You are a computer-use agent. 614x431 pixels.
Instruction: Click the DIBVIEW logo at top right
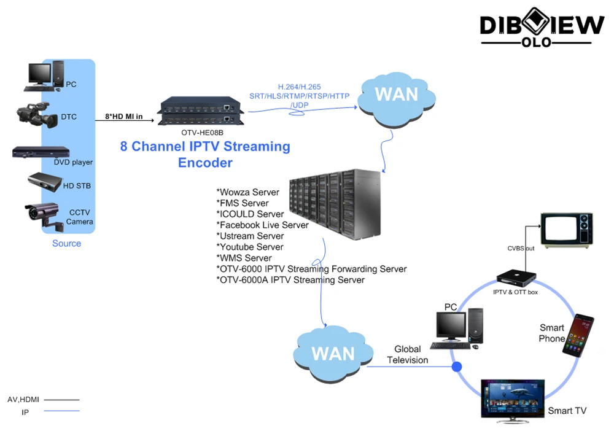click(x=542, y=28)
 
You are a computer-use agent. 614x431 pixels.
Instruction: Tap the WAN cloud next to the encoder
click(x=396, y=95)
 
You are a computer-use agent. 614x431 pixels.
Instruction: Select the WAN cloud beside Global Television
click(x=332, y=353)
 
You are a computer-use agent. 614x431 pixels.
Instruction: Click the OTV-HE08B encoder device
click(x=197, y=112)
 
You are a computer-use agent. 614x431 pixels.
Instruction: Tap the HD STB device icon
click(x=45, y=182)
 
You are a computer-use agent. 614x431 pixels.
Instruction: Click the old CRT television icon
click(x=565, y=229)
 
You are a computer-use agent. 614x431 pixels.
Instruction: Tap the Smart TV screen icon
click(x=511, y=400)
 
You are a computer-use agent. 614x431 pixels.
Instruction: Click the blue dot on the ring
click(x=457, y=367)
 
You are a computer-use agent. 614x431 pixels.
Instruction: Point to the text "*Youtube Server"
click(x=249, y=247)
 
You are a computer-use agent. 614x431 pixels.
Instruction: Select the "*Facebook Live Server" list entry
click(x=262, y=225)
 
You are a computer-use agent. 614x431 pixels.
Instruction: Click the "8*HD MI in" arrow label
click(x=124, y=116)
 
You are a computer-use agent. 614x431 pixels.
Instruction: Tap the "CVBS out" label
click(x=521, y=249)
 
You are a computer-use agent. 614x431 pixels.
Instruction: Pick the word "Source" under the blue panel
click(x=66, y=243)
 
